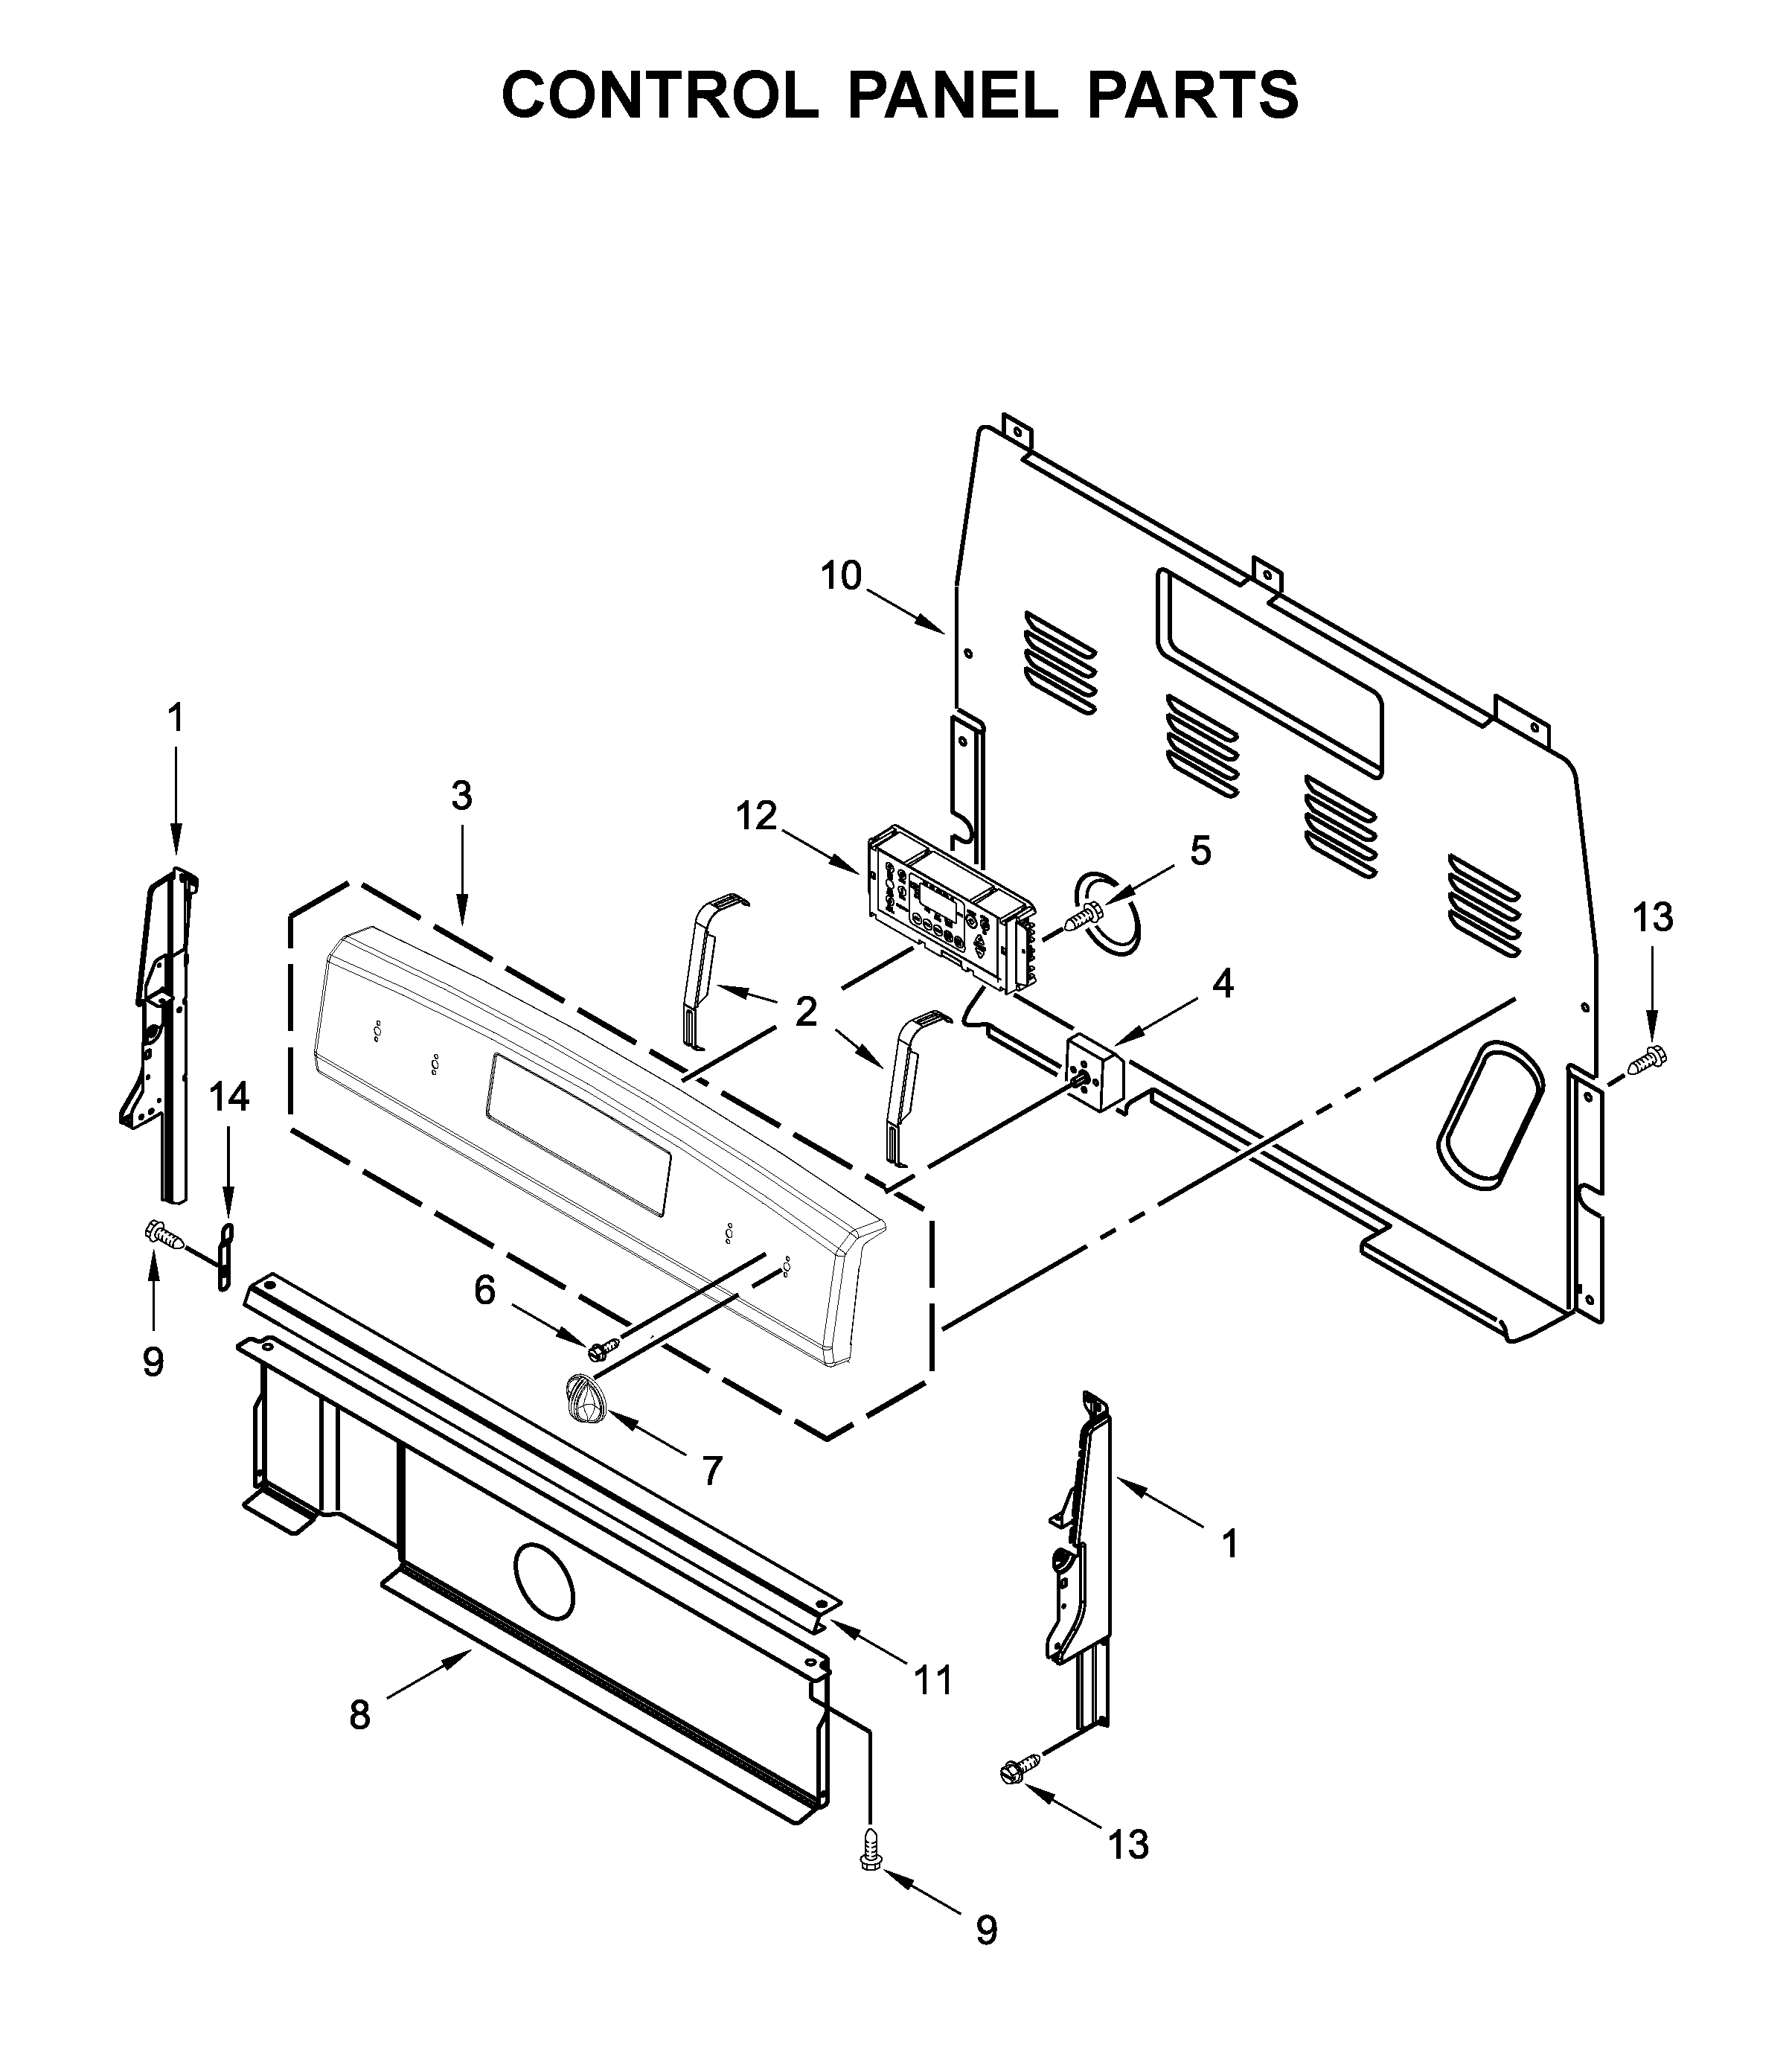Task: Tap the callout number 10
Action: [841, 576]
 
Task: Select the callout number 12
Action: [756, 816]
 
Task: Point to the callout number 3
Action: [461, 796]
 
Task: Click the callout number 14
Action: [228, 1097]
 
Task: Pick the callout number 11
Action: [935, 1681]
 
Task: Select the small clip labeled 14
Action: [225, 1257]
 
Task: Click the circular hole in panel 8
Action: [544, 1591]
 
